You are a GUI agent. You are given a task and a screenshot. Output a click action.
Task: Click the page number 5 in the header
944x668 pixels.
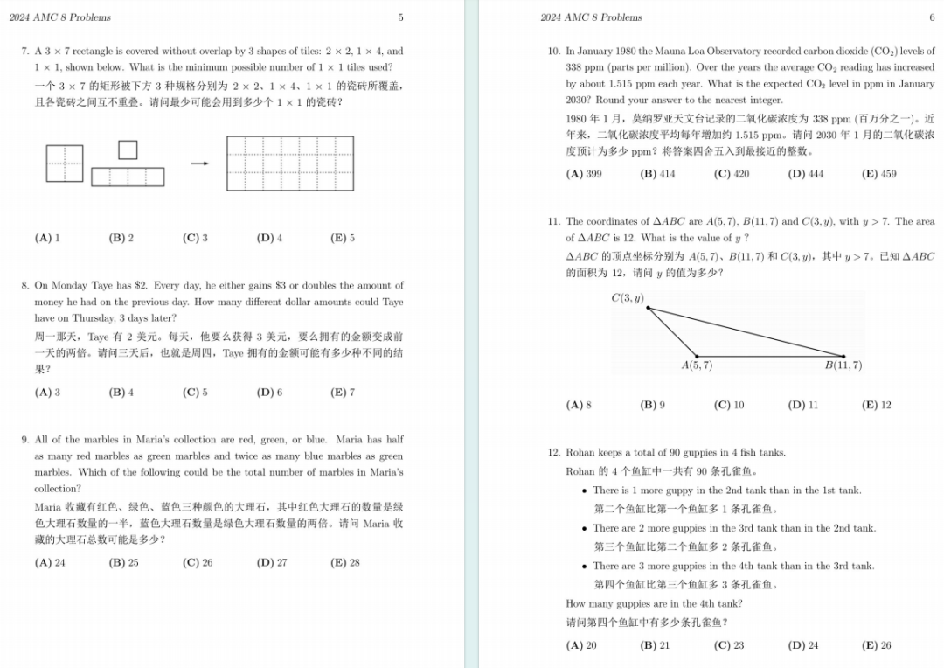pyautogui.click(x=400, y=17)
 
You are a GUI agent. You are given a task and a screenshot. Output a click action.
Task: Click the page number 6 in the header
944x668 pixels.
pyautogui.click(x=932, y=17)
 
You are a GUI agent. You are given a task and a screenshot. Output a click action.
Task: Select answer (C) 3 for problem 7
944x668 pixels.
pyautogui.click(x=195, y=238)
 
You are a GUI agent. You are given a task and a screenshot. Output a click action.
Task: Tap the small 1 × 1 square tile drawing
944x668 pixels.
pyautogui.click(x=128, y=150)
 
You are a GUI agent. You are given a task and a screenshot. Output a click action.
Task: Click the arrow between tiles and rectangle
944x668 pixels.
pyautogui.click(x=199, y=164)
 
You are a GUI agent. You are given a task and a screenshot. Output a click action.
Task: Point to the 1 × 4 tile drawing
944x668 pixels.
pyautogui.click(x=128, y=177)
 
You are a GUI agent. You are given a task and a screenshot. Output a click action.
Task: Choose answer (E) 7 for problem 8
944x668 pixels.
pyautogui.click(x=343, y=393)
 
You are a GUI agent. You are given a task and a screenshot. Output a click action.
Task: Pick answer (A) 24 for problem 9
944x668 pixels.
pyautogui.click(x=50, y=563)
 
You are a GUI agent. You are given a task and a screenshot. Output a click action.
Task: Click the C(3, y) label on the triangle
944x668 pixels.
pyautogui.click(x=627, y=298)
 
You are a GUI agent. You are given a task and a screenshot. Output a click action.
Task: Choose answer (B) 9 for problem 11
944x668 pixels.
pyautogui.click(x=652, y=406)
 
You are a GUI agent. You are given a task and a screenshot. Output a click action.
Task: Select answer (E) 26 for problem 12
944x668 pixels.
pyautogui.click(x=876, y=646)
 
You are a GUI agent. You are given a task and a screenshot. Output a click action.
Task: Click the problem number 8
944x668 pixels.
pyautogui.click(x=24, y=286)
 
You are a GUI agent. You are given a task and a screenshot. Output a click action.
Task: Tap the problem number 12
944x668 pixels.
pyautogui.click(x=553, y=453)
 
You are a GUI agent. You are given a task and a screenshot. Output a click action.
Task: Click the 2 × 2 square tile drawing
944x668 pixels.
pyautogui.click(x=65, y=164)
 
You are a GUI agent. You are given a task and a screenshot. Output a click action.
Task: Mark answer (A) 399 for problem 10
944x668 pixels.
pyautogui.click(x=584, y=174)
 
